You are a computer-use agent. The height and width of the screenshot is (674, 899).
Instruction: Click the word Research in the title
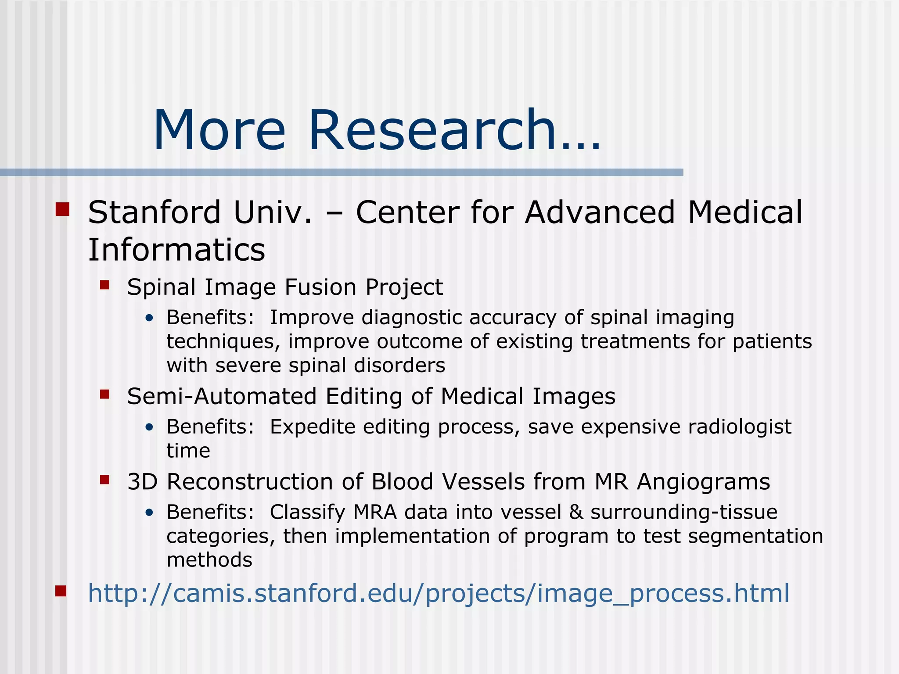(432, 131)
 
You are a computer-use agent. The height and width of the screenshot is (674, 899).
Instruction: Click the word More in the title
(219, 131)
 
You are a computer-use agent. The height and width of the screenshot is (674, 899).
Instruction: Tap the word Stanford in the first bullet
(154, 212)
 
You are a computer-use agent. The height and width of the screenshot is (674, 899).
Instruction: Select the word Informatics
(176, 250)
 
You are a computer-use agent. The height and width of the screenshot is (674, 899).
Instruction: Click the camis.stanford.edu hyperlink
(438, 593)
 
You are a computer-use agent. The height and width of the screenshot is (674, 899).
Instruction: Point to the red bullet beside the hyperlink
(61, 592)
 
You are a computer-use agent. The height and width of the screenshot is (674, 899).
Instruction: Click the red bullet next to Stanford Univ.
(63, 209)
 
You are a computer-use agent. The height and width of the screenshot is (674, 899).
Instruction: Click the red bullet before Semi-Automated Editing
(104, 394)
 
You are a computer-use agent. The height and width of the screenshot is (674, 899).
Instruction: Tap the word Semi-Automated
(222, 396)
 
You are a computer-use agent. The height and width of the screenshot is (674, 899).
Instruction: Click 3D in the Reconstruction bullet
(142, 482)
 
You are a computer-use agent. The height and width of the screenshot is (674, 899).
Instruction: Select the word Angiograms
(703, 482)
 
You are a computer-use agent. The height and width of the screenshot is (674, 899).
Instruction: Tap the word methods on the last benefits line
(209, 560)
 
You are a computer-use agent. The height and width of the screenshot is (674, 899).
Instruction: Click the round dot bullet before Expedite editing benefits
(150, 427)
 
